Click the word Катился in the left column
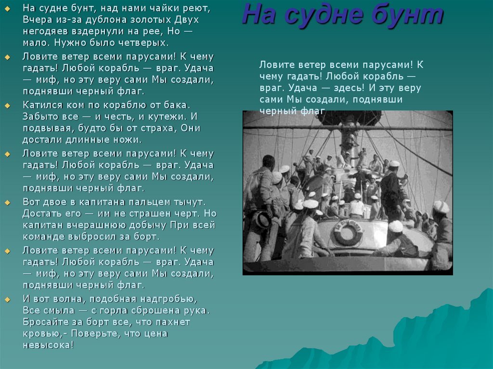(x=41, y=105)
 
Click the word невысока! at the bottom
(x=48, y=345)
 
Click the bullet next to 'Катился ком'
(x=8, y=106)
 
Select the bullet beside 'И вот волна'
(x=8, y=300)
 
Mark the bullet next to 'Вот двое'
(x=8, y=203)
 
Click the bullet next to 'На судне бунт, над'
(x=8, y=9)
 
